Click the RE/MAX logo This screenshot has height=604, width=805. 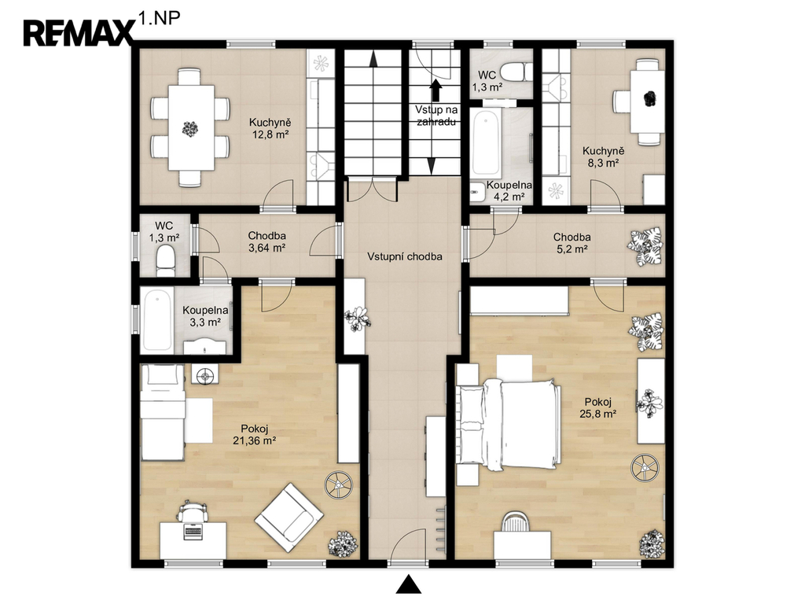coord(78,33)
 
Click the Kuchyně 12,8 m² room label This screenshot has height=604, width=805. coord(270,128)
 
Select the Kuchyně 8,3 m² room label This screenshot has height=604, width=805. coord(603,157)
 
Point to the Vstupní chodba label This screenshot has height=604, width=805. coord(405,256)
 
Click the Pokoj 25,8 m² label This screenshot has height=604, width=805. coord(598,408)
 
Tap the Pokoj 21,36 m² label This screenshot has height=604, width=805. coord(255,434)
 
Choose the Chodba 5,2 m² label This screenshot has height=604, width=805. coord(572,243)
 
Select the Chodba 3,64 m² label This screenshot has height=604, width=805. coord(267,241)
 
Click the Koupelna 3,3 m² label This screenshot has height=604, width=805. coord(205,316)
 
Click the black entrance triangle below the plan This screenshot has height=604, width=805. coord(409,584)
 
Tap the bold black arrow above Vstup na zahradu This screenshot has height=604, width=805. coord(436,90)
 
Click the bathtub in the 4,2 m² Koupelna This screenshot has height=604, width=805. coord(485,143)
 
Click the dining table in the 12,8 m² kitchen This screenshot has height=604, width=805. coord(191,128)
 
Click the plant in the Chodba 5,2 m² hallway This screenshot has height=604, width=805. coord(645,247)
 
